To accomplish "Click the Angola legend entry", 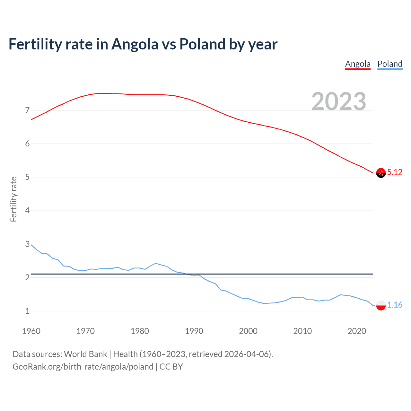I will pos(358,64).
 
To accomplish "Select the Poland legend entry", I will pos(390,64).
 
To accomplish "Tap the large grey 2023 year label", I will pos(339,101).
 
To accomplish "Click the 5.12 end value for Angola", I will pos(395,172).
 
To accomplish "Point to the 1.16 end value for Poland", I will pos(395,305).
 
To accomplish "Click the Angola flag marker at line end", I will pos(381,173).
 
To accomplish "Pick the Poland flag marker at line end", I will pos(381,305).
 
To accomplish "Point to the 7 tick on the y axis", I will pos(27,110).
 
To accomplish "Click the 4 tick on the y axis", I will pos(27,211).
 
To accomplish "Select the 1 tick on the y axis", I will pos(27,311).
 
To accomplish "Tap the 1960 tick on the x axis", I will pos(31,331).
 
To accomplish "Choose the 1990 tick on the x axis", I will pos(194,331).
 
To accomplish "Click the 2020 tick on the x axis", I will pos(357,331).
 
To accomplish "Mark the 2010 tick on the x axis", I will pos(302,331).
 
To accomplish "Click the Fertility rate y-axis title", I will pos(13,199).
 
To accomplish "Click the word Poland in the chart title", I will pos(202,44).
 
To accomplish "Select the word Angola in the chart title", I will pos(135,44).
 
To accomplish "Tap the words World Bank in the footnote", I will pos(85,354).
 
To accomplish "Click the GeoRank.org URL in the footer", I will pos(83,367).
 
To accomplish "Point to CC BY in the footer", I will pos(171,367).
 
